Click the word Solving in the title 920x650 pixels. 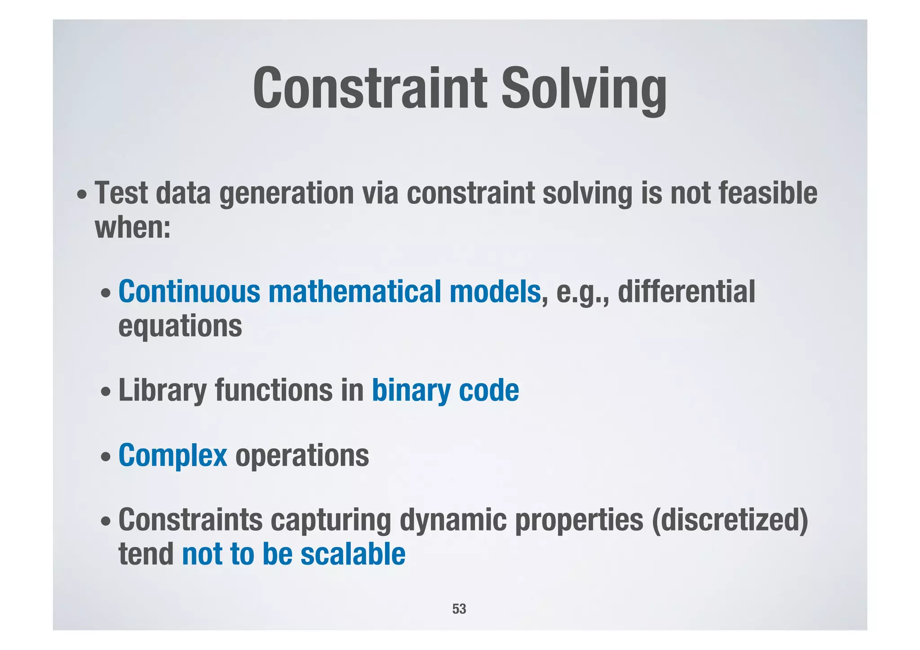pos(584,88)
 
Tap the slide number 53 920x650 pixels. pos(459,609)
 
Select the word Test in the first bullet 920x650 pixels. pos(121,193)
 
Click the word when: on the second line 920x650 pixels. pos(133,227)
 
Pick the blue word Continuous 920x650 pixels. pos(189,292)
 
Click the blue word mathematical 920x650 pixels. pos(354,292)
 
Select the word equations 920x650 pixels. pos(180,327)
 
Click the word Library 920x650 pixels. pos(162,390)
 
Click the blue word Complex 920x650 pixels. pos(172,455)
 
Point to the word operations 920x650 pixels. pos(302,455)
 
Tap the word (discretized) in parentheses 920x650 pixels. pos(730,520)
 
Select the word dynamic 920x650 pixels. pos(453,520)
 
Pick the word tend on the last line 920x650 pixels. pos(146,554)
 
